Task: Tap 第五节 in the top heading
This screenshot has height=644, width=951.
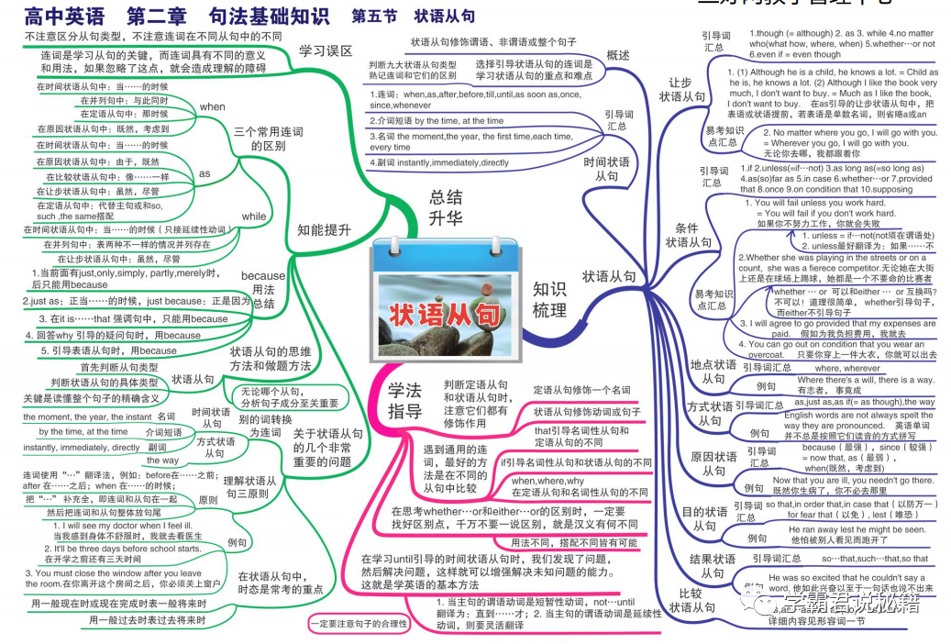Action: tap(374, 17)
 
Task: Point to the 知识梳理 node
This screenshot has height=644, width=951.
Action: tap(549, 300)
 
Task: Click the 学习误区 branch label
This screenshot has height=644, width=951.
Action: tap(326, 51)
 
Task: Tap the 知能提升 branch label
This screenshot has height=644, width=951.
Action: tap(324, 230)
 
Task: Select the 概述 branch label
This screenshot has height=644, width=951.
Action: tap(618, 55)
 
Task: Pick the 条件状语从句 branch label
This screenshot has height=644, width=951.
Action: tap(688, 235)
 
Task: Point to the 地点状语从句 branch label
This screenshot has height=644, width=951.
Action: tap(713, 372)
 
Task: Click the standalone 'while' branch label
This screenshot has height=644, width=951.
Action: tap(253, 216)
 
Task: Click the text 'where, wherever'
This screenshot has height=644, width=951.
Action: tap(846, 368)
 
